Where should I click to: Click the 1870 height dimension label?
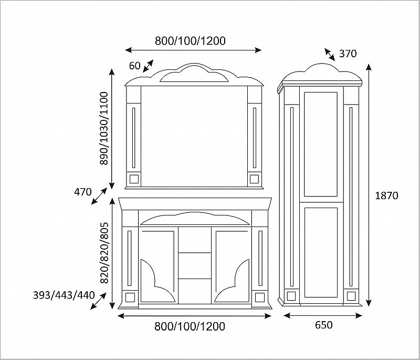coord(386,196)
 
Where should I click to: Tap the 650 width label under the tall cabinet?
coord(323,325)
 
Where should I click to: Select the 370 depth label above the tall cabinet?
coord(348,54)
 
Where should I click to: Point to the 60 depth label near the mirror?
coord(135,65)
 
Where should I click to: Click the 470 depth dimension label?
coord(83,192)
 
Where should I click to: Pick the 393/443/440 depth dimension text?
coord(64,295)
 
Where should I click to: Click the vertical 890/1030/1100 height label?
coord(103,128)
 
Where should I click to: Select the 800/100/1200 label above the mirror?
coord(190,41)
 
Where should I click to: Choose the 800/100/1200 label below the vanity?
coord(190,326)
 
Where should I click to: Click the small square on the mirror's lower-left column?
coord(133,179)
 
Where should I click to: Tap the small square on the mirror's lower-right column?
coord(255,179)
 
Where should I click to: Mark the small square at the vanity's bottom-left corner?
coord(130,297)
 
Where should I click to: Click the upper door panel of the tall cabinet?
coord(321,144)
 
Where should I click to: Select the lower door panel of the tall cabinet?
coord(321,252)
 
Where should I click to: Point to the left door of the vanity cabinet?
coord(159,265)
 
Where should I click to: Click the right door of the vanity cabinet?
coord(232,265)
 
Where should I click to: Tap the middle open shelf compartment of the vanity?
coord(195,265)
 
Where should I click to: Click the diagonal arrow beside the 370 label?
coord(330,55)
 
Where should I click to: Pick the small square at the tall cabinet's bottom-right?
coord(351,296)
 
